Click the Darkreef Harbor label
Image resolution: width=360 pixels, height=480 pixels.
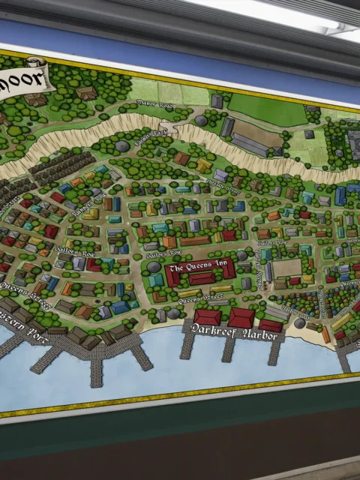coord(235,334)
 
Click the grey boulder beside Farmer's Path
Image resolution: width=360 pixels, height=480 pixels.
coord(121,147)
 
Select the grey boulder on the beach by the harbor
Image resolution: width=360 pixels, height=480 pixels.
coord(300,323)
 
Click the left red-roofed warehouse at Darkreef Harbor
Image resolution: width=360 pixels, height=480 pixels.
coord(207,317)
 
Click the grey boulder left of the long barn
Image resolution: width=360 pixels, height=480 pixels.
coord(201,121)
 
